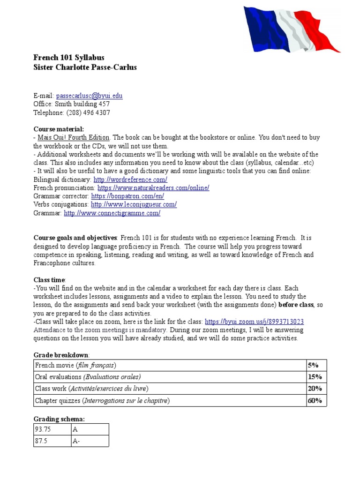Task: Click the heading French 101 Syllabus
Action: (x=69, y=57)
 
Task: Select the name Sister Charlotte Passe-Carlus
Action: (x=85, y=67)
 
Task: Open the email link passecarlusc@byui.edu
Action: (x=89, y=96)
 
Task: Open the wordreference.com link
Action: (x=130, y=180)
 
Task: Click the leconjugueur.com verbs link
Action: (x=134, y=204)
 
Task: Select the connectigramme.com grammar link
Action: (x=112, y=213)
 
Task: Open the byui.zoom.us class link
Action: (x=255, y=322)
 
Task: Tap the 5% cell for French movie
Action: (x=313, y=365)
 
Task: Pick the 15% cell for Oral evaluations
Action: (x=315, y=377)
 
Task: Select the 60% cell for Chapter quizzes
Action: (x=315, y=400)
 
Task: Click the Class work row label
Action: (x=91, y=389)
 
